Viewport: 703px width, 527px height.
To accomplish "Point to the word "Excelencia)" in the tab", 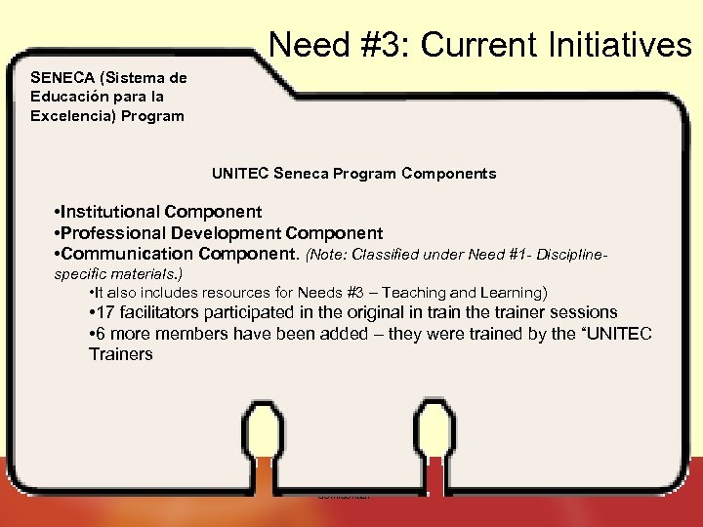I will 69,116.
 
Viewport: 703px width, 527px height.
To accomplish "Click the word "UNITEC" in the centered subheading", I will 240,174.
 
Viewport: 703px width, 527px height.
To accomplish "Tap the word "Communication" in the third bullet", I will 126,255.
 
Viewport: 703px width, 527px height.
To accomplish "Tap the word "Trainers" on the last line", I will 120,354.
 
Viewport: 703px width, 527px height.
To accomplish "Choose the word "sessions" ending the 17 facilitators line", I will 582,312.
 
